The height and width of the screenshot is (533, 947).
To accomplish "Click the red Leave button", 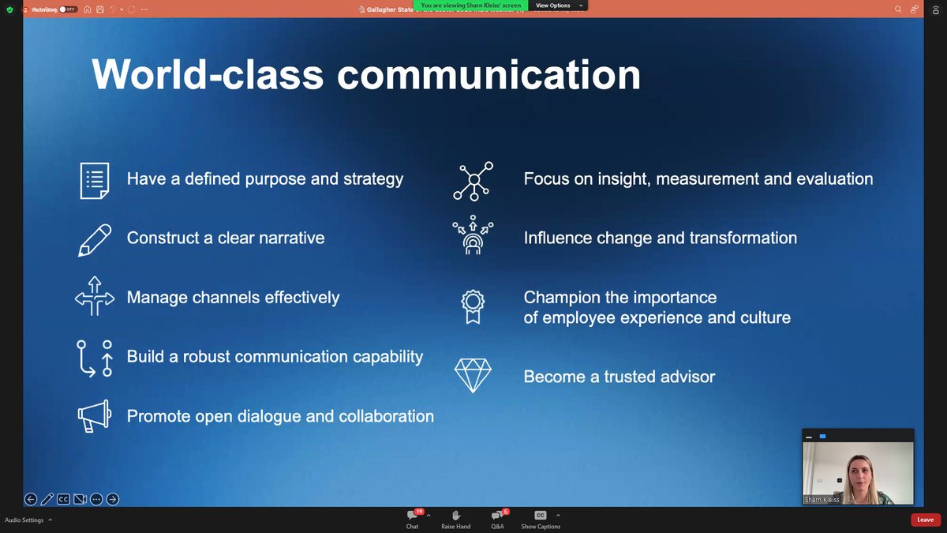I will pos(925,520).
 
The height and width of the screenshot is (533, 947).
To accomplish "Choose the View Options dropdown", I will pos(558,5).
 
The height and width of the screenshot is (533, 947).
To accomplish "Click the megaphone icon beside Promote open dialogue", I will pos(95,416).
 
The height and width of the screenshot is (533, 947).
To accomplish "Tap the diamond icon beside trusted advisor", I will pos(473,375).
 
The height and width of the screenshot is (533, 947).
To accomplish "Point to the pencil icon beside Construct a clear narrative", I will pos(95,238).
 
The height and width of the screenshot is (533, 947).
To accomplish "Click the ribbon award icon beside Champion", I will pos(472,307).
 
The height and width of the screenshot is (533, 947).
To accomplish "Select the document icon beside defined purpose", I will pos(95,179).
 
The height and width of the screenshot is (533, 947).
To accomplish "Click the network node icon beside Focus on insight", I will pos(473,180).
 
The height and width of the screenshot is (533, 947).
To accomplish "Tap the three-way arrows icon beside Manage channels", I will pos(95,297).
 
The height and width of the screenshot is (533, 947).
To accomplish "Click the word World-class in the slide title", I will pos(208,75).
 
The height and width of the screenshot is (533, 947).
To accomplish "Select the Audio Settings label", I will pos(24,520).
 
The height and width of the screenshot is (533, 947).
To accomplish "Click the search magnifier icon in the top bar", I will pos(898,9).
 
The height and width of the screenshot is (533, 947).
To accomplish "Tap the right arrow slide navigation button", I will pos(113,499).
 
